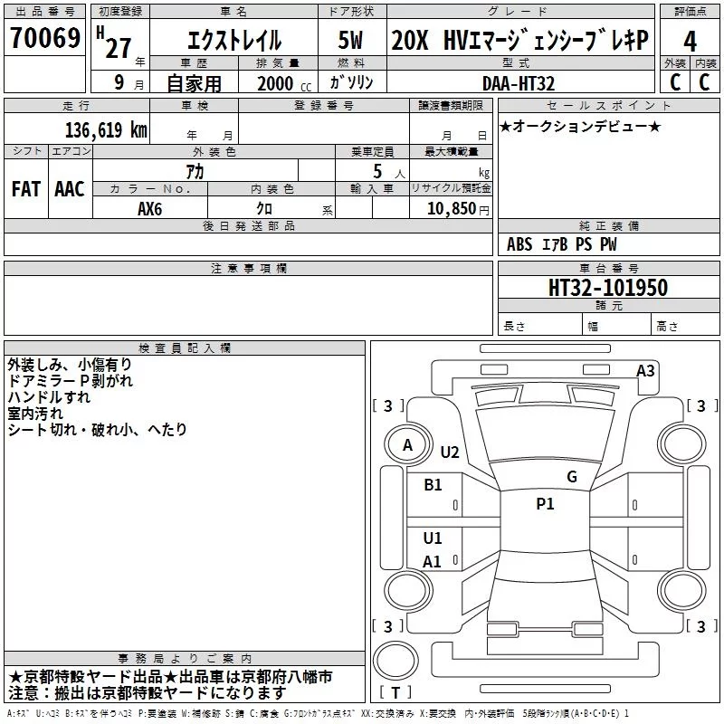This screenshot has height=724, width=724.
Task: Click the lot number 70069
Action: point(45,38)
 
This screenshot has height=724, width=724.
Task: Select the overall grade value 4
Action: point(690,42)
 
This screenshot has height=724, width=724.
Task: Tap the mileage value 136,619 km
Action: point(106,130)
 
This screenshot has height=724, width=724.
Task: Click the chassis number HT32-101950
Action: point(608,287)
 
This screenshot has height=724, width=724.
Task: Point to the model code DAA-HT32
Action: point(518,83)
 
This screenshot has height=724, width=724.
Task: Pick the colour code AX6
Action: point(150,209)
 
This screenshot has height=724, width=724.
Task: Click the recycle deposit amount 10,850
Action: point(452,209)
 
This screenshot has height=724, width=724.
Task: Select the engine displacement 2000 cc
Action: point(284,83)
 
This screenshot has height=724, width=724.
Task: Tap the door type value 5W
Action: point(350,40)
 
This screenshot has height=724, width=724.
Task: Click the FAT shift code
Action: point(26,189)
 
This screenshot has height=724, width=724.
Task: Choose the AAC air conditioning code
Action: point(70,189)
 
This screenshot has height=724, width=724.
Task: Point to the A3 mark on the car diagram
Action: point(645,371)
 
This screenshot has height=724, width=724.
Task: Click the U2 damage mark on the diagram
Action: point(450,452)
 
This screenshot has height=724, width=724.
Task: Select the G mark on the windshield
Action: point(572,476)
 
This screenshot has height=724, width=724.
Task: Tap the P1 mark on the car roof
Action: point(545,504)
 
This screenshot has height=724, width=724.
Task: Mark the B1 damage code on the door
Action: point(433,485)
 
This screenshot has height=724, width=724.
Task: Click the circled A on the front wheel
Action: point(407,445)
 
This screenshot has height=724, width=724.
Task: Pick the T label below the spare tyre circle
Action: point(395,692)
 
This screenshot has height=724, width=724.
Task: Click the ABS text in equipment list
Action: point(519,244)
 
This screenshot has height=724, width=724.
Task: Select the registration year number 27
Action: point(119,48)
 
